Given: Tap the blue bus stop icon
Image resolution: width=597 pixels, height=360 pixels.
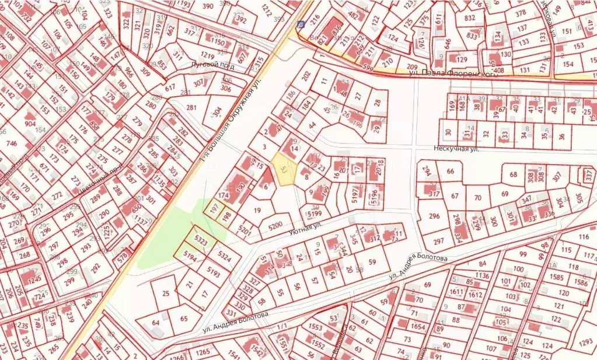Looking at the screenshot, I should pyautogui.click(x=301, y=25).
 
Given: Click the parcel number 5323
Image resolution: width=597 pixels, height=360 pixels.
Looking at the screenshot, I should pyautogui.click(x=201, y=240).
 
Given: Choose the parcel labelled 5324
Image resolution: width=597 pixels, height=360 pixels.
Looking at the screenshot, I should pyautogui.click(x=224, y=254).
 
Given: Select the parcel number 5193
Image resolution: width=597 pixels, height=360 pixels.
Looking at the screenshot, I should pyautogui.click(x=214, y=272).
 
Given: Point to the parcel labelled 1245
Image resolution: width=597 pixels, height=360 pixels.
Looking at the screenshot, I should pyautogui.click(x=34, y=279).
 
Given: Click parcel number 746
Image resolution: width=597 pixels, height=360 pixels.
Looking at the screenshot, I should pyautogui.click(x=11, y=143).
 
